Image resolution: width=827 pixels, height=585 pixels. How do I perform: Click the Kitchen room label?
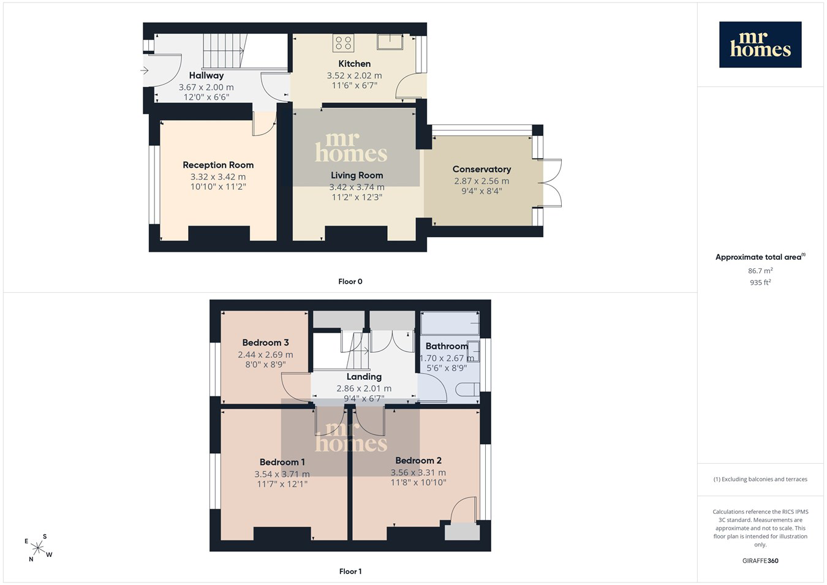point(355,64)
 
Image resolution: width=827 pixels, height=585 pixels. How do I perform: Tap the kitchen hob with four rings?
point(343,42)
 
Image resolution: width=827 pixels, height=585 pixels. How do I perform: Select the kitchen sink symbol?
point(390,42)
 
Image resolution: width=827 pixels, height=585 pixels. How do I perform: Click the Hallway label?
point(206,76)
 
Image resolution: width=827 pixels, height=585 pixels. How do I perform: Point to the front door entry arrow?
point(145,70)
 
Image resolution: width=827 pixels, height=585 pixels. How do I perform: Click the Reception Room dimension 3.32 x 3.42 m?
point(218,177)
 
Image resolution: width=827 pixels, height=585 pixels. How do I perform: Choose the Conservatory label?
point(481,170)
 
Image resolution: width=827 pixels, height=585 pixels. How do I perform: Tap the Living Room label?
point(357,175)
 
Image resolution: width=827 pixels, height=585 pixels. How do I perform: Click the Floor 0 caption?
point(350,282)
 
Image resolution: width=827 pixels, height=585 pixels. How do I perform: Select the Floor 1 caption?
point(350,572)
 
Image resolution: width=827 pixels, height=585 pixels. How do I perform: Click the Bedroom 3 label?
point(265,342)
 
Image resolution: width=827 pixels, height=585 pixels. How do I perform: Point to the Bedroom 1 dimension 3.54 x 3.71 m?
point(282,474)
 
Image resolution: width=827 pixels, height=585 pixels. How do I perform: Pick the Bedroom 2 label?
point(418,461)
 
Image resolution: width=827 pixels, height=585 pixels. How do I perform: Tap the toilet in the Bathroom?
point(467,390)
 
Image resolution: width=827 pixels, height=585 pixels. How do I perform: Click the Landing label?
point(364,377)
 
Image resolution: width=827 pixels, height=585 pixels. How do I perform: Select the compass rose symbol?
point(39,548)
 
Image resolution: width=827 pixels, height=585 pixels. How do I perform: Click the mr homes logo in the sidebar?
point(760,45)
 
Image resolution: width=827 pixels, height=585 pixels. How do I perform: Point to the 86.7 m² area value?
point(760,271)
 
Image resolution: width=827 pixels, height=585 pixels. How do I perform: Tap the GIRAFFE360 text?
point(760,560)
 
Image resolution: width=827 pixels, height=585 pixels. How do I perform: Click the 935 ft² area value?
point(760,282)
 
